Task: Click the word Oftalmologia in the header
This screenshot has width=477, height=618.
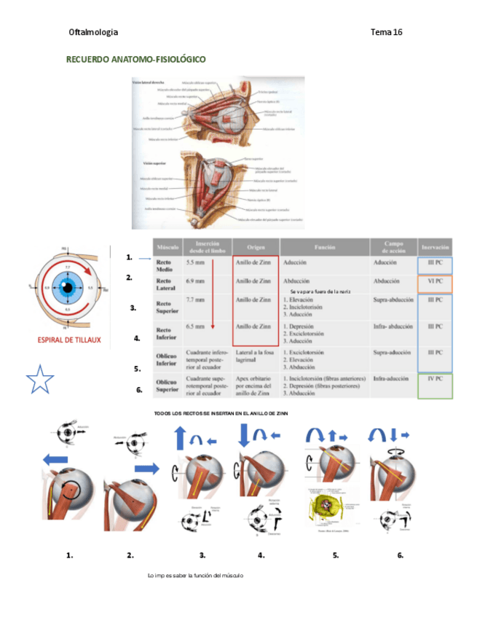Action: (92, 32)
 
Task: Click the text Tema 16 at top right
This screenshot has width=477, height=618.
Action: (386, 32)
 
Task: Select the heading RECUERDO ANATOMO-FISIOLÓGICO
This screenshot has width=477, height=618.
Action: (136, 59)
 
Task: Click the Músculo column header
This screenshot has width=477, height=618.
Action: (169, 248)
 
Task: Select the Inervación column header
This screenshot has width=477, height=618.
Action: (435, 248)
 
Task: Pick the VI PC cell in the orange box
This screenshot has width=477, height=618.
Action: (435, 281)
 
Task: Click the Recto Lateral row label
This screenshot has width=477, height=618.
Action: (165, 284)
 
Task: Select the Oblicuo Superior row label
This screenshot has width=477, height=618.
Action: (167, 384)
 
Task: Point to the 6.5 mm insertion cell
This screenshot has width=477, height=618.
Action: (196, 327)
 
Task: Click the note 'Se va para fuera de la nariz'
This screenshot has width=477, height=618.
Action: (320, 291)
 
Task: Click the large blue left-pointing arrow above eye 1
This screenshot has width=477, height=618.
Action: (55, 459)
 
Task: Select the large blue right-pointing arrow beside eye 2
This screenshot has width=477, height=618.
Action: (147, 468)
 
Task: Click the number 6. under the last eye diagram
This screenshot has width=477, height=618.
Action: (401, 555)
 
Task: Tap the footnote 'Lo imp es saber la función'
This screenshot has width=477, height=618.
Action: (194, 576)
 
